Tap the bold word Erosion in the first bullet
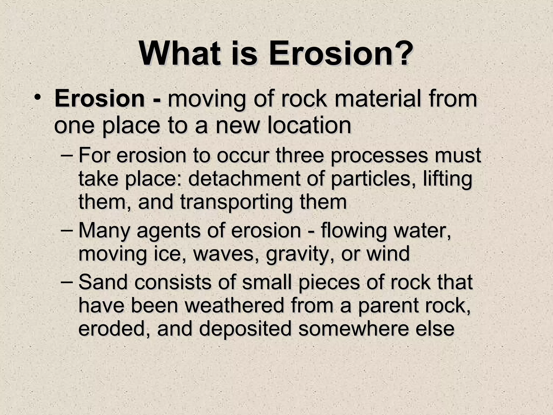99,99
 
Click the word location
309,126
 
